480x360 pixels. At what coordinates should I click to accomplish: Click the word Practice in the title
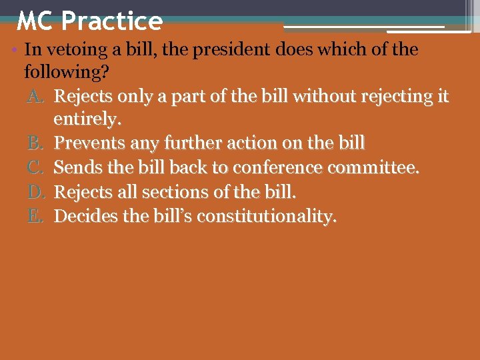pyautogui.click(x=111, y=22)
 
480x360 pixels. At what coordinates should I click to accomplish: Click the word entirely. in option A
pyautogui.click(x=87, y=121)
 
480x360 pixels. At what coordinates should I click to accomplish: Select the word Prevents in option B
pyautogui.click(x=87, y=143)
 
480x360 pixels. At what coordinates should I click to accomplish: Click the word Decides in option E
pyautogui.click(x=83, y=216)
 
